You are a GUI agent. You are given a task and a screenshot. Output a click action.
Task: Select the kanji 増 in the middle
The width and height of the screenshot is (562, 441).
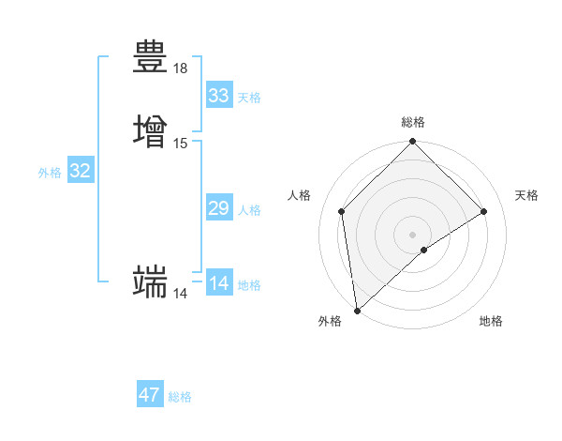tap(150, 129)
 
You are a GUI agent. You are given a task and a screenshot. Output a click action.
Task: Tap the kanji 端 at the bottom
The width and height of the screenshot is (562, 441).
tap(150, 281)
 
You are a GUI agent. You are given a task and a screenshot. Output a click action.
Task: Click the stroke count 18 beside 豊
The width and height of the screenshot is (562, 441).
tap(181, 68)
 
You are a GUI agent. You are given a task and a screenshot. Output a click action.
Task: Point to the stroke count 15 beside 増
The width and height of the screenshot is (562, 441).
tap(181, 144)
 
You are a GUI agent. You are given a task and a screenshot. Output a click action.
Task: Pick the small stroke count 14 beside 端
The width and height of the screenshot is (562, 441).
tap(181, 294)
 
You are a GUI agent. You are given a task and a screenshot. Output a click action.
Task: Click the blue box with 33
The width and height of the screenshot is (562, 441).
tap(219, 96)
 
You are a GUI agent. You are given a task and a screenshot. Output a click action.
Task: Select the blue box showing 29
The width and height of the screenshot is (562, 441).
tap(219, 208)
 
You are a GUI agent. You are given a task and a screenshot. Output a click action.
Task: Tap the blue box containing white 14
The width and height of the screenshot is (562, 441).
tap(219, 283)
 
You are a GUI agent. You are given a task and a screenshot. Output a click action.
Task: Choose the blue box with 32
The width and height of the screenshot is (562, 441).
tap(81, 171)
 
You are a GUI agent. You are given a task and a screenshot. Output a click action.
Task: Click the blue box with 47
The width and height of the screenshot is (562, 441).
tap(150, 395)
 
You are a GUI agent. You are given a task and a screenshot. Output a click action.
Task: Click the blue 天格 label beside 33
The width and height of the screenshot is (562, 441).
tap(249, 98)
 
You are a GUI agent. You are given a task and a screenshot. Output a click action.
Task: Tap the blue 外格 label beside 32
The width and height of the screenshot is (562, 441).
tap(50, 173)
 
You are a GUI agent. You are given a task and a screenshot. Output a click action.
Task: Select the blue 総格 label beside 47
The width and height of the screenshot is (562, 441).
tap(180, 397)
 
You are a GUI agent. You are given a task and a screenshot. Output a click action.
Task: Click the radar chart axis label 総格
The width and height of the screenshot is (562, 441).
tap(413, 122)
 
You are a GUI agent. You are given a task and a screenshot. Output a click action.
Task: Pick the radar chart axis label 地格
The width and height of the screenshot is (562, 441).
tap(491, 321)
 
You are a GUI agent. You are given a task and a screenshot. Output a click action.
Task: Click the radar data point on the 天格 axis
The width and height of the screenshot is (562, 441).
tap(484, 211)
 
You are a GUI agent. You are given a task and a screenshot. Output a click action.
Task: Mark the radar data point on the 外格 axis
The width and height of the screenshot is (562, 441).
tap(357, 311)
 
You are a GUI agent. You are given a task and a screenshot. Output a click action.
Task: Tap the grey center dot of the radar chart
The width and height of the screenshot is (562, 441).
tap(413, 234)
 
